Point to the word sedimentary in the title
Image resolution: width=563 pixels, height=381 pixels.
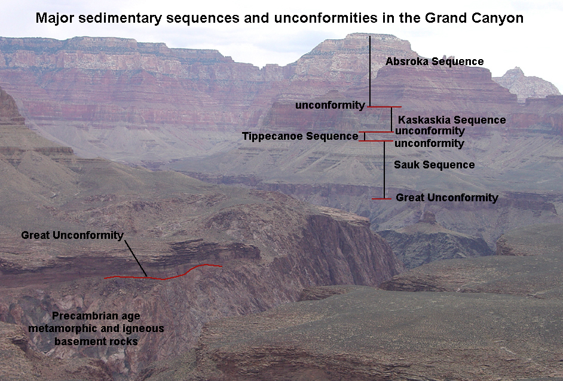coord(124,19)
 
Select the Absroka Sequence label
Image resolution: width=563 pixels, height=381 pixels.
coord(435,62)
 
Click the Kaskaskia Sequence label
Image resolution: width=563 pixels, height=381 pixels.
coord(452,120)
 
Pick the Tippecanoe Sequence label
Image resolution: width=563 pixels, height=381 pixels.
coord(300,136)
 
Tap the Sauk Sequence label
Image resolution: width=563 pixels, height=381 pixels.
coord(435,165)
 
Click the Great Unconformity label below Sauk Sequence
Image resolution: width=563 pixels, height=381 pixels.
coord(447,198)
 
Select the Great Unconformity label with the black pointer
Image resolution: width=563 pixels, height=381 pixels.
coord(72,235)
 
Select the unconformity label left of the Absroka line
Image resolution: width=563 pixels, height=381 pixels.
coord(330,105)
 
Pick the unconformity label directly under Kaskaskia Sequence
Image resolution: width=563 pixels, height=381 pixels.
coord(430,131)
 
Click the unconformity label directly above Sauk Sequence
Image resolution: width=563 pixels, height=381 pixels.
coord(430,143)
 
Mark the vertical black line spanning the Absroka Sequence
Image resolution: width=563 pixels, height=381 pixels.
coord(370,71)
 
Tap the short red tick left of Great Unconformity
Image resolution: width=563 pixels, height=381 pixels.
coord(381,198)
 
